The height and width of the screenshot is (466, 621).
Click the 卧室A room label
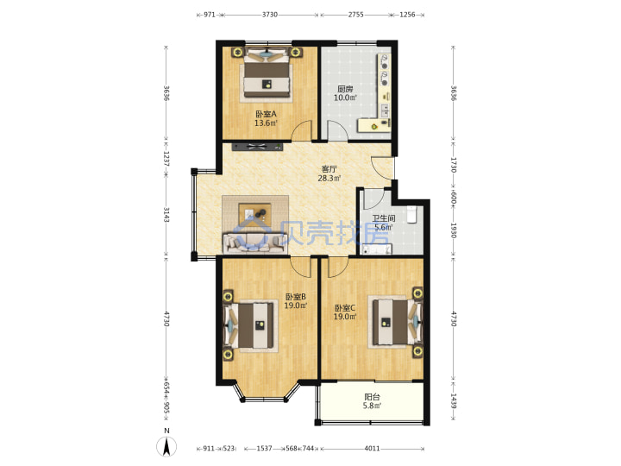267,114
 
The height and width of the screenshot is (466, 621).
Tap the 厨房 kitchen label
345,89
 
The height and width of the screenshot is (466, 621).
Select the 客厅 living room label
329,169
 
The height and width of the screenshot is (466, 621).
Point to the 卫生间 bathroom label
383,218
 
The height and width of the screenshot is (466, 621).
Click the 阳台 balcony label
372,397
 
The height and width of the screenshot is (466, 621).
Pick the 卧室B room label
296,297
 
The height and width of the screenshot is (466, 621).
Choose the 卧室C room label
345,308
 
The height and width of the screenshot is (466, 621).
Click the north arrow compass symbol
166,447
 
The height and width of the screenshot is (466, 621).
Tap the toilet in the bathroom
412,214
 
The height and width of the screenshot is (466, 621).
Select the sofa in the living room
254,242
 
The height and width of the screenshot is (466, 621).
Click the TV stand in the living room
257,147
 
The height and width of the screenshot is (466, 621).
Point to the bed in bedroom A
267,74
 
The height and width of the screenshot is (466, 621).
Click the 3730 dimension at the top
270,15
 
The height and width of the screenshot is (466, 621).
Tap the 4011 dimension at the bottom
372,449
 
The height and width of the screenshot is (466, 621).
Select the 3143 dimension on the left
166,214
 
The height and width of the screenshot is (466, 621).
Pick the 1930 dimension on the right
454,230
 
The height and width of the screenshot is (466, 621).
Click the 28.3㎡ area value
329,179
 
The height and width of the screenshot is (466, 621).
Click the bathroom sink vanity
377,249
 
